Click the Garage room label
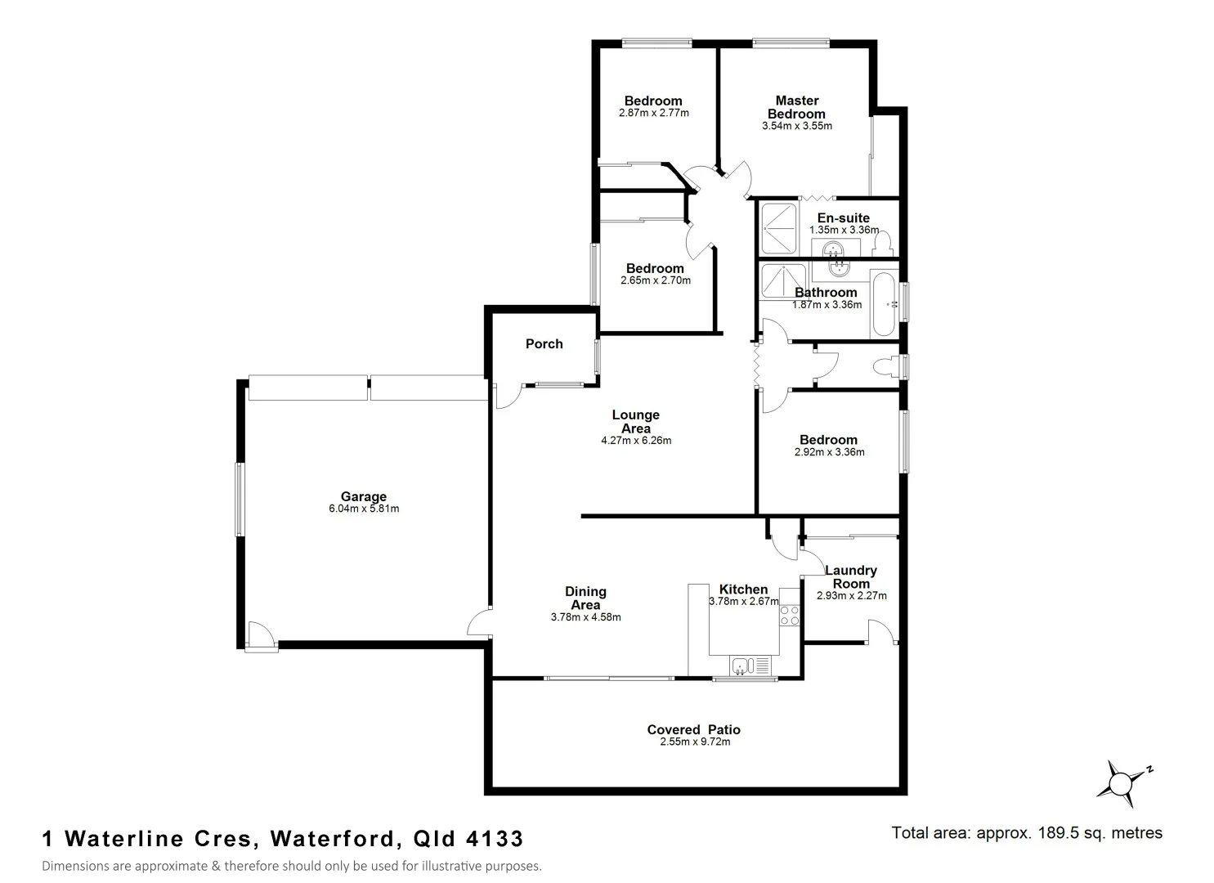[x=364, y=496]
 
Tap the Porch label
[x=544, y=344]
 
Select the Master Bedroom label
[x=796, y=107]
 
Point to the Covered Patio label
[x=693, y=729]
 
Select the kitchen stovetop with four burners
[x=790, y=616]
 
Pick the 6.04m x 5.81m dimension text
[x=364, y=509]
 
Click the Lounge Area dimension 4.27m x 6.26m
[x=636, y=441]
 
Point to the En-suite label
[x=843, y=218]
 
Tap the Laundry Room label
[x=851, y=577]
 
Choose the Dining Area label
[x=585, y=598]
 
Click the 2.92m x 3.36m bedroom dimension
[x=829, y=452]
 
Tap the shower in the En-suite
[x=778, y=229]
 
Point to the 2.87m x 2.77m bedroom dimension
[x=654, y=113]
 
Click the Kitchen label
[x=743, y=589]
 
